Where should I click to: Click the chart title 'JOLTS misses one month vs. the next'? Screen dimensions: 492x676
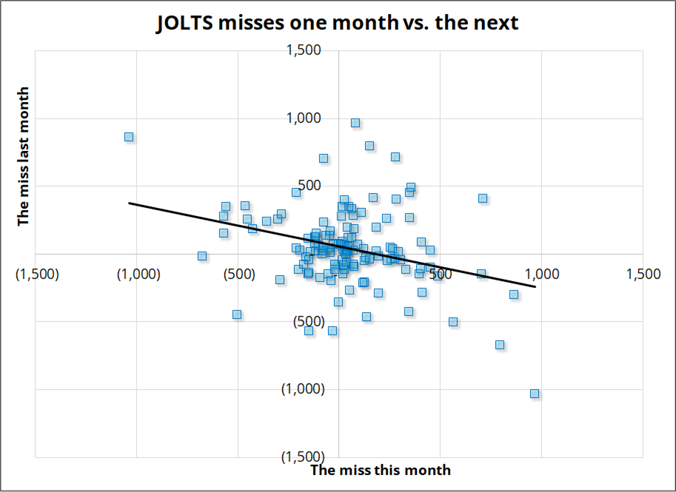click(338, 23)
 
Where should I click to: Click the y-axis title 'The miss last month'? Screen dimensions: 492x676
click(24, 156)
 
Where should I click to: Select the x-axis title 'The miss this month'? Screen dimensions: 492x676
click(380, 470)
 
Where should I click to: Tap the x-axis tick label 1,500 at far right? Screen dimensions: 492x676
click(642, 274)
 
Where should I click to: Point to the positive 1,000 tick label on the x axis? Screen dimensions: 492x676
click(541, 274)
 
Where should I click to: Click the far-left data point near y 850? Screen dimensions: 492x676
click(129, 137)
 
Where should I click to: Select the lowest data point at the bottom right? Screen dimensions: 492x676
click(535, 394)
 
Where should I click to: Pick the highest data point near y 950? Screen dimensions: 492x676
click(355, 123)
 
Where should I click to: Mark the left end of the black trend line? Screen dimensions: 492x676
click(130, 203)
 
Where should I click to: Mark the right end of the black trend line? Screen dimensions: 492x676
click(535, 286)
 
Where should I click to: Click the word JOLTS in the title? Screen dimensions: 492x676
click(183, 23)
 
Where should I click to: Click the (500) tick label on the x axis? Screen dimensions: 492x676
click(238, 274)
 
